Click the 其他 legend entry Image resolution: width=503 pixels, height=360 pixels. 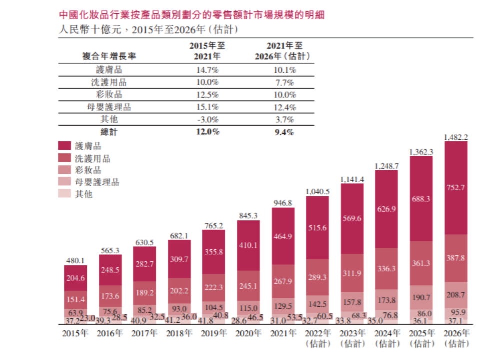point(84,194)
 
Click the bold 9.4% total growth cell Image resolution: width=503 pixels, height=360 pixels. point(283,132)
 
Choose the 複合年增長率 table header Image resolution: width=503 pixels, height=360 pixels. point(109,56)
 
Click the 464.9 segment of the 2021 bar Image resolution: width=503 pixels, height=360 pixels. point(283,236)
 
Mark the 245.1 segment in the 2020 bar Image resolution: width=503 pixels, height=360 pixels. point(248,285)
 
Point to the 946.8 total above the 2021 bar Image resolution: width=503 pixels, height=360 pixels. point(283,203)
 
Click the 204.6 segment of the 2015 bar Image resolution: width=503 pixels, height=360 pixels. point(75,279)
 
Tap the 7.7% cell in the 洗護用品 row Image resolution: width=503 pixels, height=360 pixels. point(283,82)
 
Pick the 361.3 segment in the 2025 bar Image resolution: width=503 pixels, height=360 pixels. point(421,263)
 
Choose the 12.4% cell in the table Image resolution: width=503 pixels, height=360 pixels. point(283,107)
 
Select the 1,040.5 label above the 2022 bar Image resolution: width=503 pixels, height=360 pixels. point(317,191)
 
